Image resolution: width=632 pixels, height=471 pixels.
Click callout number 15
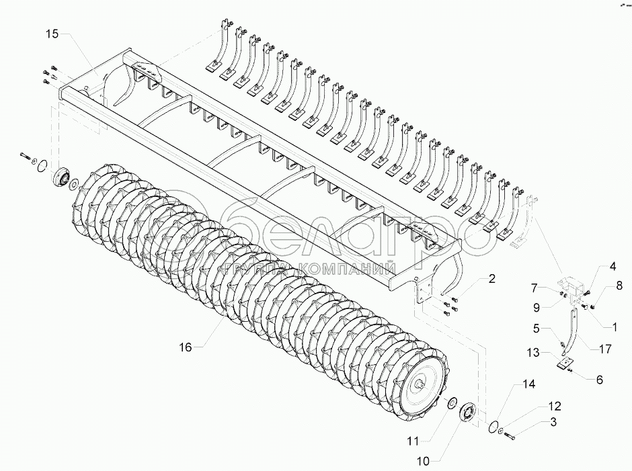tap(52, 34)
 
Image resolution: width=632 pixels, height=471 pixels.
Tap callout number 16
tap(186, 347)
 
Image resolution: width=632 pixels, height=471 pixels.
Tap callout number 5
tap(537, 329)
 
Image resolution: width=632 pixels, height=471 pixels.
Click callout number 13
tap(532, 352)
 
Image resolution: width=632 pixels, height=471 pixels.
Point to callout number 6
tap(599, 379)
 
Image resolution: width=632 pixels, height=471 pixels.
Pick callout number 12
tap(553, 406)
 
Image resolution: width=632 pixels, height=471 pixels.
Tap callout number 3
tap(553, 422)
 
